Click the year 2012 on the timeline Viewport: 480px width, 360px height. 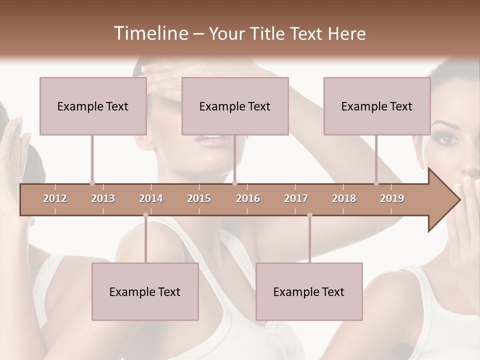(55, 198)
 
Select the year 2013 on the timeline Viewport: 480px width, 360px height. (103, 198)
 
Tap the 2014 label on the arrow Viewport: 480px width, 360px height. (151, 198)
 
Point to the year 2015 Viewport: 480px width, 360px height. (199, 198)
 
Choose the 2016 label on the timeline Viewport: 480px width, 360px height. (248, 198)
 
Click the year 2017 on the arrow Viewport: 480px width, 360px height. (296, 198)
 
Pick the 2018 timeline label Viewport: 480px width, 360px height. (344, 198)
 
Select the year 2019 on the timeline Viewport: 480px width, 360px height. (392, 198)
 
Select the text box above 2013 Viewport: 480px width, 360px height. (92, 106)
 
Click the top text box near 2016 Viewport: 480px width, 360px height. (234, 106)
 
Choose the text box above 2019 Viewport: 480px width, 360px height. (376, 106)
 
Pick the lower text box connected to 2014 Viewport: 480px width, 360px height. (145, 291)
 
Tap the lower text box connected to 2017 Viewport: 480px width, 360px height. (309, 291)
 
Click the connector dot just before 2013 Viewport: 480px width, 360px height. (92, 183)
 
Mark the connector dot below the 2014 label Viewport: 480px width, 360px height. (145, 215)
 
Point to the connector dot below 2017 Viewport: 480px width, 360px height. (309, 215)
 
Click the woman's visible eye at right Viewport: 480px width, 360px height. (448, 139)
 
